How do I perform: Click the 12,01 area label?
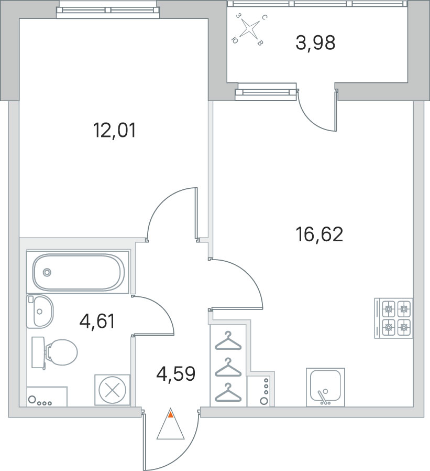115,131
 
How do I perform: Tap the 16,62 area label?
319,234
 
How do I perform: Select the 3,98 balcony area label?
315,42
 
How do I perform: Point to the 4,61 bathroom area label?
97,321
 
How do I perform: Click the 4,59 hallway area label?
176,373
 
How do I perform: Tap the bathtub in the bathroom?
78,272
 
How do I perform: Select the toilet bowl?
54,352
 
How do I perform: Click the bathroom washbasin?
40,312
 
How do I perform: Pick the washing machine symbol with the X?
112,390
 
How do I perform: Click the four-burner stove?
393,318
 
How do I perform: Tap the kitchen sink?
325,387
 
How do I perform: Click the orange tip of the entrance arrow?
171,415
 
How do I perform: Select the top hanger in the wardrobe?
228,341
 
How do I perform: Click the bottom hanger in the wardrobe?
228,392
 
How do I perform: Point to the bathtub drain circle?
47,272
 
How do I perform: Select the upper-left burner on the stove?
388,308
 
